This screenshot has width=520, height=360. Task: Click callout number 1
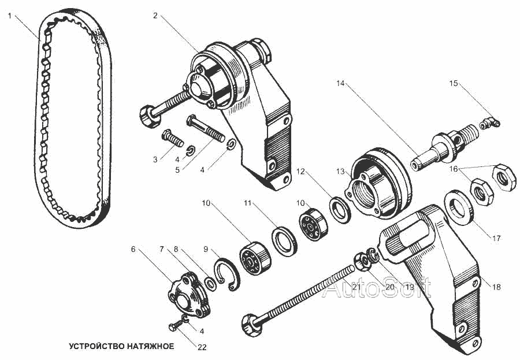click(x=10, y=16)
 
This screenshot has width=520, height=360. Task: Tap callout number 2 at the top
click(x=155, y=16)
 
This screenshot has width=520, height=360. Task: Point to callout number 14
click(x=340, y=83)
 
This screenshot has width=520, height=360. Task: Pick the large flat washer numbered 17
click(x=459, y=209)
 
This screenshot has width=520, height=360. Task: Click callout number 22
click(x=202, y=348)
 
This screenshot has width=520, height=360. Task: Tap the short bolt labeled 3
click(x=171, y=139)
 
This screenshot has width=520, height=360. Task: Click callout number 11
click(x=248, y=203)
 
